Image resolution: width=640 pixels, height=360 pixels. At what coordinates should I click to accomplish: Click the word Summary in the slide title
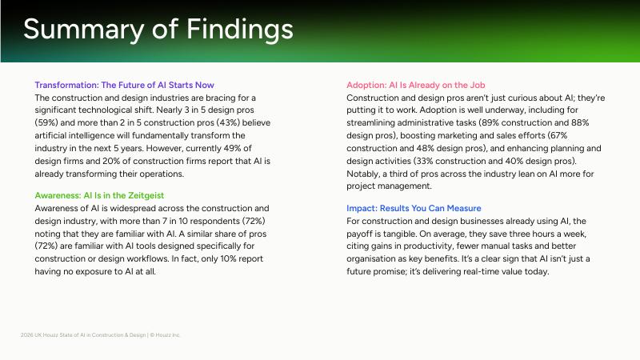(x=84, y=30)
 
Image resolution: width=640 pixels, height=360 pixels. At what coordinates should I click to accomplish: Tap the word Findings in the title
(x=239, y=30)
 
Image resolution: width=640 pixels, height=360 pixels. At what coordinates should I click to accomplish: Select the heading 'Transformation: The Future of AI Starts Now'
(x=125, y=85)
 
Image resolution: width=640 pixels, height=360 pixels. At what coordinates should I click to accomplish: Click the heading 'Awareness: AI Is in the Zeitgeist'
(x=99, y=195)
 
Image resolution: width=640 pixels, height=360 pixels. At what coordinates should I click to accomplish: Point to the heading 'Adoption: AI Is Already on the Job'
(x=416, y=85)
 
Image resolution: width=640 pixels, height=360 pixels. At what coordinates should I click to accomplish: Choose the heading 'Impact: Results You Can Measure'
(x=414, y=208)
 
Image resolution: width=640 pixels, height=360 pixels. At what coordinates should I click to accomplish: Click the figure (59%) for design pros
(x=46, y=123)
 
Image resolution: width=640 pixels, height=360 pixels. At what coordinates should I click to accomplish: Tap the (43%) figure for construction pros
(x=228, y=123)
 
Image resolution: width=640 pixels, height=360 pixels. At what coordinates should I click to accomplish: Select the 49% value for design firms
(x=232, y=148)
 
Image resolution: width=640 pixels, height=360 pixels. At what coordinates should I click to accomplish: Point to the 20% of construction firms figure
(x=110, y=161)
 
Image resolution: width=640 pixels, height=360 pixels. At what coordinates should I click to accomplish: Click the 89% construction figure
(x=490, y=123)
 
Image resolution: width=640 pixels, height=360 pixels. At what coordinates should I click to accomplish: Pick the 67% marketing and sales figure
(x=558, y=135)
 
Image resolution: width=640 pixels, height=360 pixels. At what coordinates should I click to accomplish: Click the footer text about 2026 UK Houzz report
(x=101, y=335)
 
